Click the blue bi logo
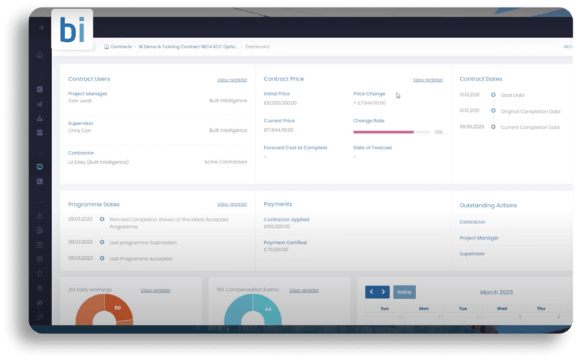[73, 29]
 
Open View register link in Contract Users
[232, 79]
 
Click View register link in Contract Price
[427, 79]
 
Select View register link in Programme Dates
[232, 204]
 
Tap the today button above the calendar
[404, 291]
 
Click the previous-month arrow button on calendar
[371, 291]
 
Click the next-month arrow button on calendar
[383, 291]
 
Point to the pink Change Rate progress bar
[383, 133]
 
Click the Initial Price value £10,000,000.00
[280, 102]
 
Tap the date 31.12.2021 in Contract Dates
[471, 111]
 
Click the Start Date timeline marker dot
[493, 95]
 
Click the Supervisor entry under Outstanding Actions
[473, 254]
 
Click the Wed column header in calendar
[501, 308]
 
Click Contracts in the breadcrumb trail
[120, 47]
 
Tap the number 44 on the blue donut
[268, 310]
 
